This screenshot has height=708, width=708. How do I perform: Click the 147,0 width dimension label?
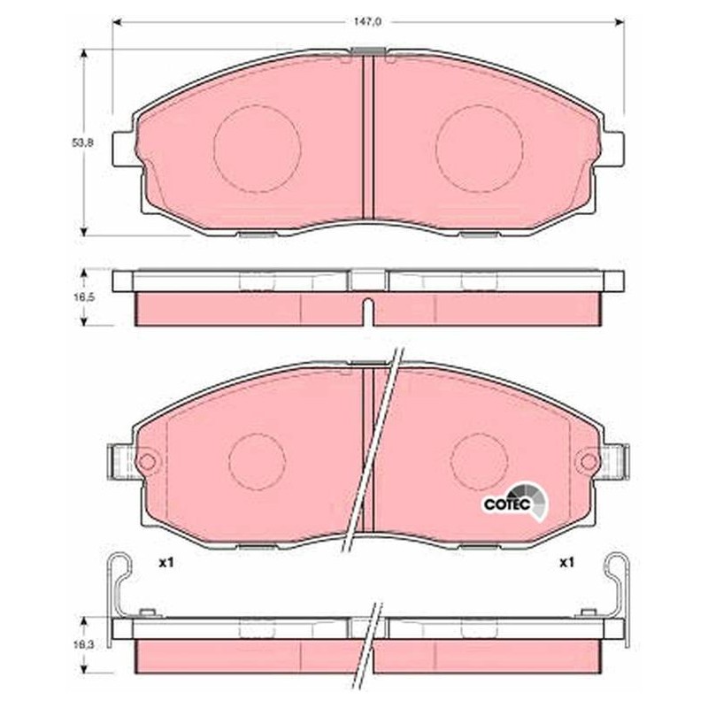(x=368, y=21)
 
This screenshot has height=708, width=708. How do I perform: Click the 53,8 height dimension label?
(x=82, y=142)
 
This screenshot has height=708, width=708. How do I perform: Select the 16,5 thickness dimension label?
(x=82, y=297)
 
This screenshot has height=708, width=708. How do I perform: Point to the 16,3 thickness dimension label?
(x=82, y=645)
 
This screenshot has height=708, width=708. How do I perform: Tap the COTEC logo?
(x=516, y=501)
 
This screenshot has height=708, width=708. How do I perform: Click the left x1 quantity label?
(x=166, y=563)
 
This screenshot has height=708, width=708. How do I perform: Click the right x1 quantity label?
(x=566, y=563)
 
